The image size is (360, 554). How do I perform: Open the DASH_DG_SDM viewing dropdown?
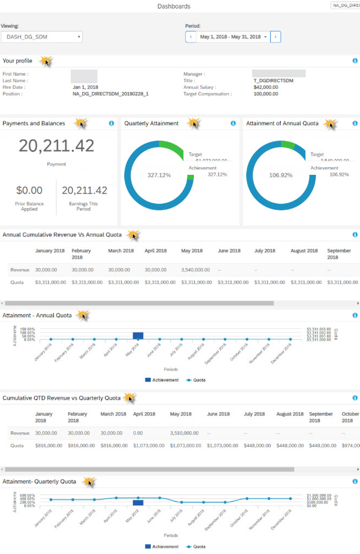pos(41,37)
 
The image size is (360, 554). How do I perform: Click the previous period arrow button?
pos(191,37)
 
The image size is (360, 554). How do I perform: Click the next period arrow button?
pos(275,37)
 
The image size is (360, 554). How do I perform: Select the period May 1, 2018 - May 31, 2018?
pos(233,37)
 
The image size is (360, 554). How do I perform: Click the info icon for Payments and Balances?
pos(112,123)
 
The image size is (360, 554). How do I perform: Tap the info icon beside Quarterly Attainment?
pos(233,123)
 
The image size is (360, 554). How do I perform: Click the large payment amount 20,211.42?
pos(56,146)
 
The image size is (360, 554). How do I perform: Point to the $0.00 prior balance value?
pos(29,190)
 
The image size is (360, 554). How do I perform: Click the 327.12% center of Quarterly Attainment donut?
pos(159,175)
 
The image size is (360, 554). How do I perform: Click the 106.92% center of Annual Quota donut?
pos(280,175)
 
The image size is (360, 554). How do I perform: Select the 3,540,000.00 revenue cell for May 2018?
pos(195,270)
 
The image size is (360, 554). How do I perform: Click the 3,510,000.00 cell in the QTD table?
pos(184,433)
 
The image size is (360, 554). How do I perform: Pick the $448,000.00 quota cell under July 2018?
pos(257,445)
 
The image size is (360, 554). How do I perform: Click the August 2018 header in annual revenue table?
pos(304,251)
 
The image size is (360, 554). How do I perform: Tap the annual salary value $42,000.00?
pos(266,87)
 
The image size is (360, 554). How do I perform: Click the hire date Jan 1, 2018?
pos(85,87)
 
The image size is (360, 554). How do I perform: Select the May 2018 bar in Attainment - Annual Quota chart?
pos(138,336)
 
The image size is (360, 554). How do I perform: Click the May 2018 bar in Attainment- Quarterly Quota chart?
pos(138,503)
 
